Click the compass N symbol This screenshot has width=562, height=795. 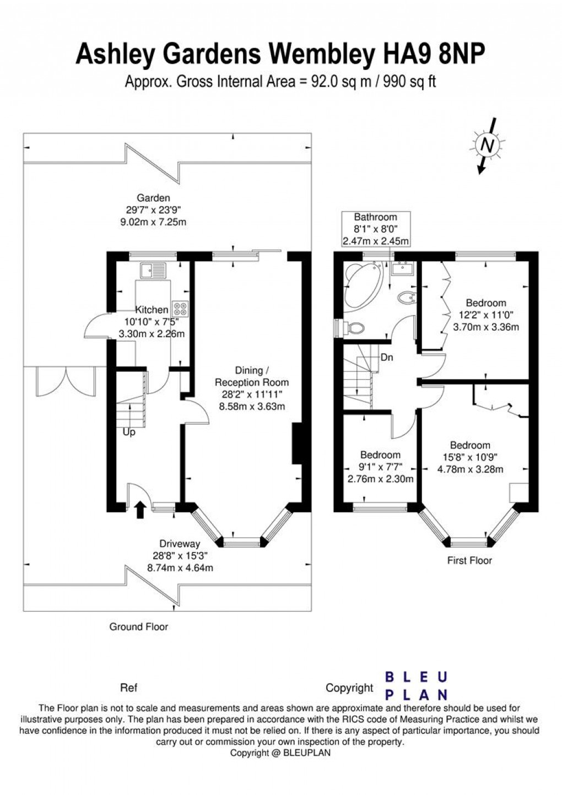(x=488, y=145)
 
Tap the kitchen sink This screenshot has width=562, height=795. (x=153, y=271)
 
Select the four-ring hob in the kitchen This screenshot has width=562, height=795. (x=181, y=309)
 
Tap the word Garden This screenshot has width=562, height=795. (x=153, y=198)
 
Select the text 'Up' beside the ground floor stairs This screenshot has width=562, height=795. (x=129, y=432)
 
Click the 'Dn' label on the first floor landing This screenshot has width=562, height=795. (x=387, y=358)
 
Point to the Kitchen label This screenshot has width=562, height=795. (x=152, y=310)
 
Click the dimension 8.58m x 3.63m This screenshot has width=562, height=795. (x=252, y=407)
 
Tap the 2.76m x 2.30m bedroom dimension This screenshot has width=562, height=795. (x=380, y=479)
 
